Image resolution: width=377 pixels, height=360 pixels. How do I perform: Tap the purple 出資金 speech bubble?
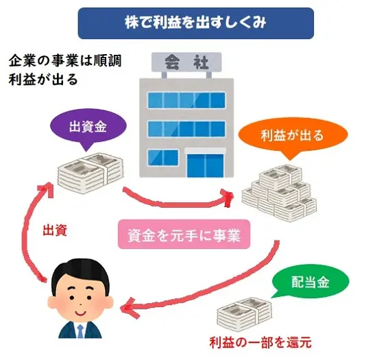tap(88, 128)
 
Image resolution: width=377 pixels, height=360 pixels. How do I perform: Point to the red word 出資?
tap(54, 228)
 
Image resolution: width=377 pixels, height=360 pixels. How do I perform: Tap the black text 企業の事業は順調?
tap(65, 60)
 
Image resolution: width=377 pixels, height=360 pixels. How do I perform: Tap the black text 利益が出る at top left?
tap(42, 79)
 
